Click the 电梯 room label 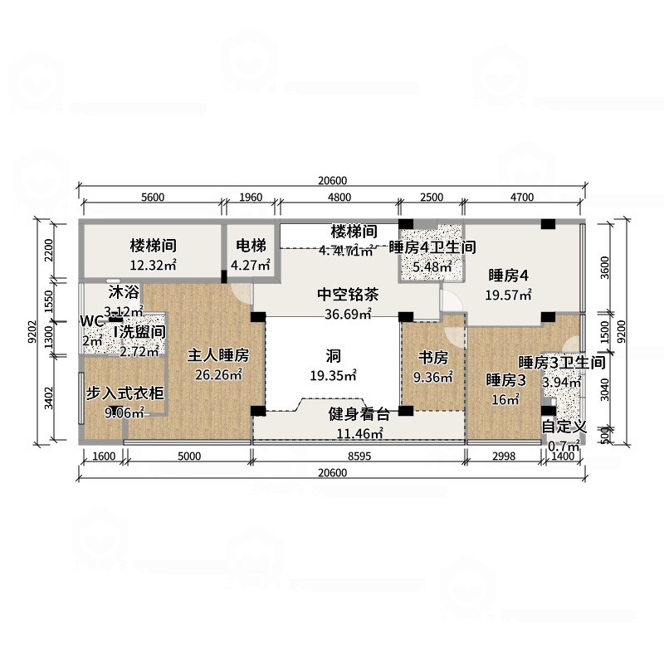coord(251,246)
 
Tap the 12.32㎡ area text coord(153,266)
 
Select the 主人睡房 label coord(218,355)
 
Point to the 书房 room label coord(432,359)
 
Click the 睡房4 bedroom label coord(509,276)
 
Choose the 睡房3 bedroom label coord(506,381)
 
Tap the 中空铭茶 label coord(349,295)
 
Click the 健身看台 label coord(359,415)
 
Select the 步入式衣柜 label coord(125,393)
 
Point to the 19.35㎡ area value coord(334,376)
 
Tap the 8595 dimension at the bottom coord(359,456)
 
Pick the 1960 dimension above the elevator coord(251,197)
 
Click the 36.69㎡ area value coord(349,314)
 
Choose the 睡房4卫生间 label coord(432,247)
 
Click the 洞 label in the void coord(334,357)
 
